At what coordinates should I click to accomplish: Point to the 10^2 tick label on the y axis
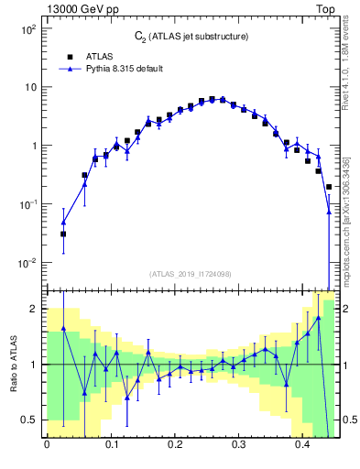(27, 29)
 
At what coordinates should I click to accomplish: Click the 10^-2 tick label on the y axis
(27, 263)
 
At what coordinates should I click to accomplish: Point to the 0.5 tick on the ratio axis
(29, 420)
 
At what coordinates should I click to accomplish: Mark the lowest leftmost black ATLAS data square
(63, 234)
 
